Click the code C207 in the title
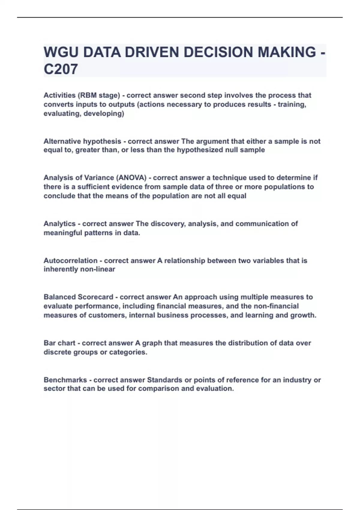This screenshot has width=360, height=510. pyautogui.click(x=61, y=69)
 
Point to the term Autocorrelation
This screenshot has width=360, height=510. pyautogui.click(x=70, y=261)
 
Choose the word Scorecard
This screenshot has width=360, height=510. pyautogui.click(x=95, y=297)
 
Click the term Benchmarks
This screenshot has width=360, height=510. pyautogui.click(x=65, y=380)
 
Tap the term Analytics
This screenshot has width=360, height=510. pyautogui.click(x=59, y=224)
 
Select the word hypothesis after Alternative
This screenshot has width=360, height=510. pyautogui.click(x=102, y=141)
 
